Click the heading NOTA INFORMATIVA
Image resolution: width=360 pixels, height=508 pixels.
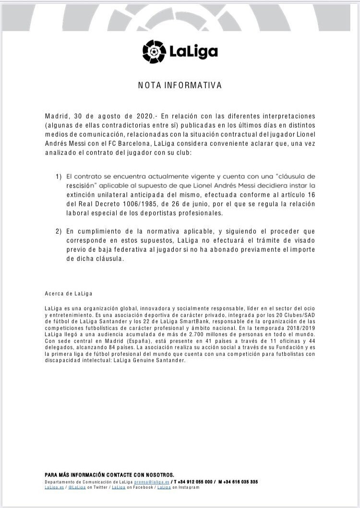click(x=180, y=85)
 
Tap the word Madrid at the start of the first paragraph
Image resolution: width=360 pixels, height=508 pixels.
click(x=57, y=116)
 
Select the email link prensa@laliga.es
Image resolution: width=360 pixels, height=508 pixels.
click(x=152, y=482)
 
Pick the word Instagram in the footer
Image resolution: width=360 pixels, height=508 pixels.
click(x=189, y=487)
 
